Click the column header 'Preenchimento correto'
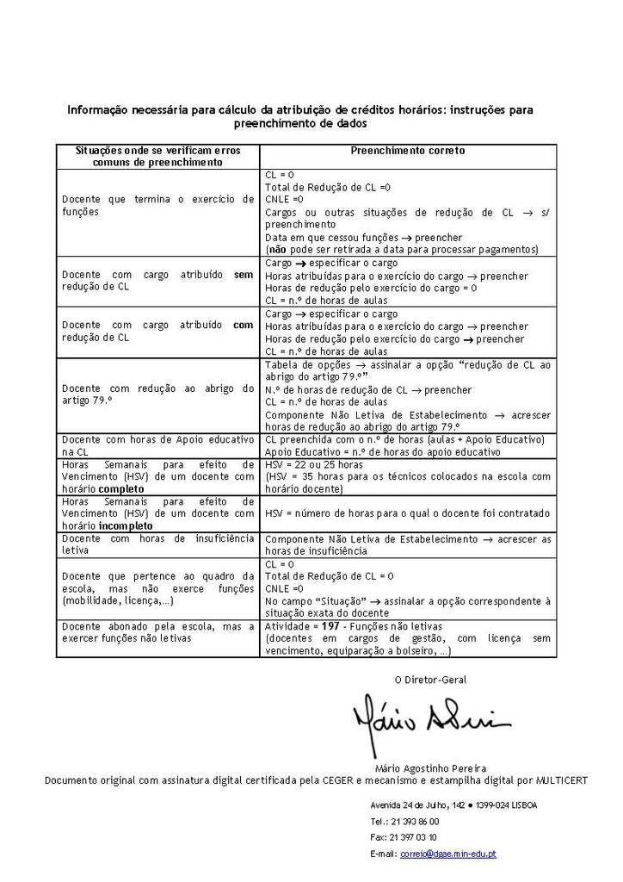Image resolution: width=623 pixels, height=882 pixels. point(407,151)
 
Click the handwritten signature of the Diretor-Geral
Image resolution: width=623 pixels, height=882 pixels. point(430,720)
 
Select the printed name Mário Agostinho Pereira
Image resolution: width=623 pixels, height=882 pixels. point(430,767)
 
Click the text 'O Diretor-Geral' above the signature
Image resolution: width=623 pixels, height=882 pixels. point(430,680)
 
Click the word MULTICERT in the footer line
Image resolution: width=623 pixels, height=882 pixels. point(560,780)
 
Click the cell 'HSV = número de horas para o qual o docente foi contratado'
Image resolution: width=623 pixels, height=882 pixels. point(407,513)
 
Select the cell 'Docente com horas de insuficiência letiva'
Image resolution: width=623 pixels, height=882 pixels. point(157,544)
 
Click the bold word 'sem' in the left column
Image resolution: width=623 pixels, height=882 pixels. point(244,276)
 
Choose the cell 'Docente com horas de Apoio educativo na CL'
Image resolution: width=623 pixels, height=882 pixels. point(157,445)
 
